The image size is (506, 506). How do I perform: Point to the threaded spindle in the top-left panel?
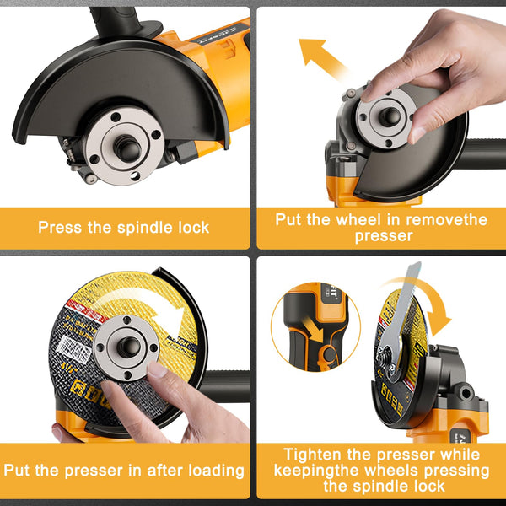click(x=126, y=148)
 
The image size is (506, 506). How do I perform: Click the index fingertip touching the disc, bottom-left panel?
click(x=158, y=369)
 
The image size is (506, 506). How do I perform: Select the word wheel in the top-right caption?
click(x=347, y=219)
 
